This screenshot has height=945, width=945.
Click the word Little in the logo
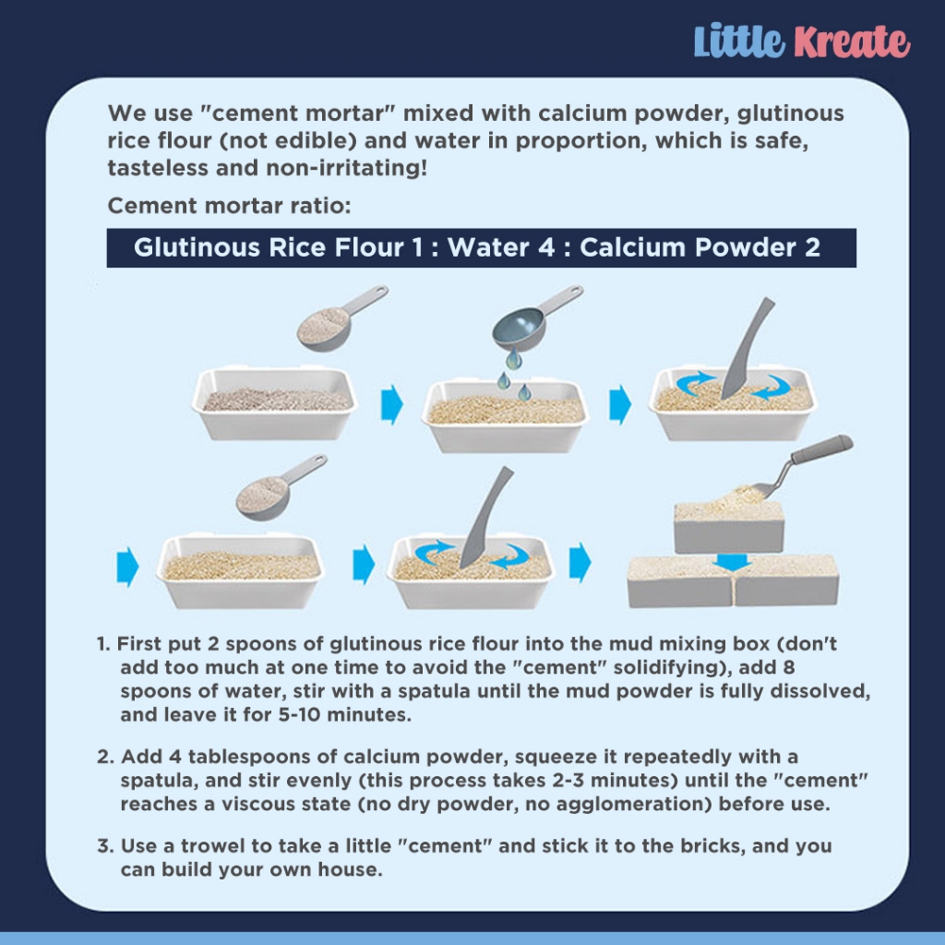739,41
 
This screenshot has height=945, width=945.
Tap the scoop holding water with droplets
531,319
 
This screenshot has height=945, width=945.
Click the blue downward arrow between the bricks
732,562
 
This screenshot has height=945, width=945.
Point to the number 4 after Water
546,247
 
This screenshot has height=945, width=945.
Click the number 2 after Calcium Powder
812,247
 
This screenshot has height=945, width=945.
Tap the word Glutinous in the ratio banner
197,247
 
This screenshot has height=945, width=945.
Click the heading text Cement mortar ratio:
229,206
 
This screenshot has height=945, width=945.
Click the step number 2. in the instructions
105,757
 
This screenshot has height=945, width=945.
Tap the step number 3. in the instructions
105,846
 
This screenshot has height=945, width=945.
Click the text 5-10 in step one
299,715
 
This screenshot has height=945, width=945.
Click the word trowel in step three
211,846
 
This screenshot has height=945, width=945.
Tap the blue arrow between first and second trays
391,404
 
